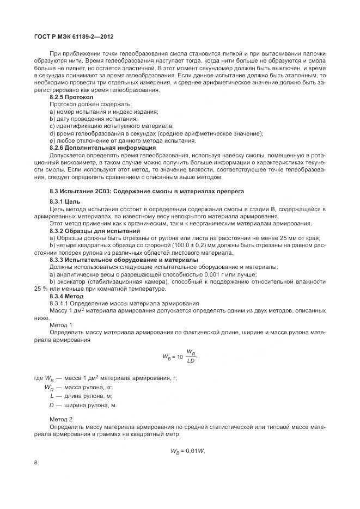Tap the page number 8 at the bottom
pyautogui.click(x=35, y=463)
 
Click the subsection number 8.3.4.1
pyautogui.click(x=60, y=303)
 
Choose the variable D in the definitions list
pyautogui.click(x=51, y=405)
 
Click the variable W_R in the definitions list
pyautogui.click(x=48, y=387)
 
